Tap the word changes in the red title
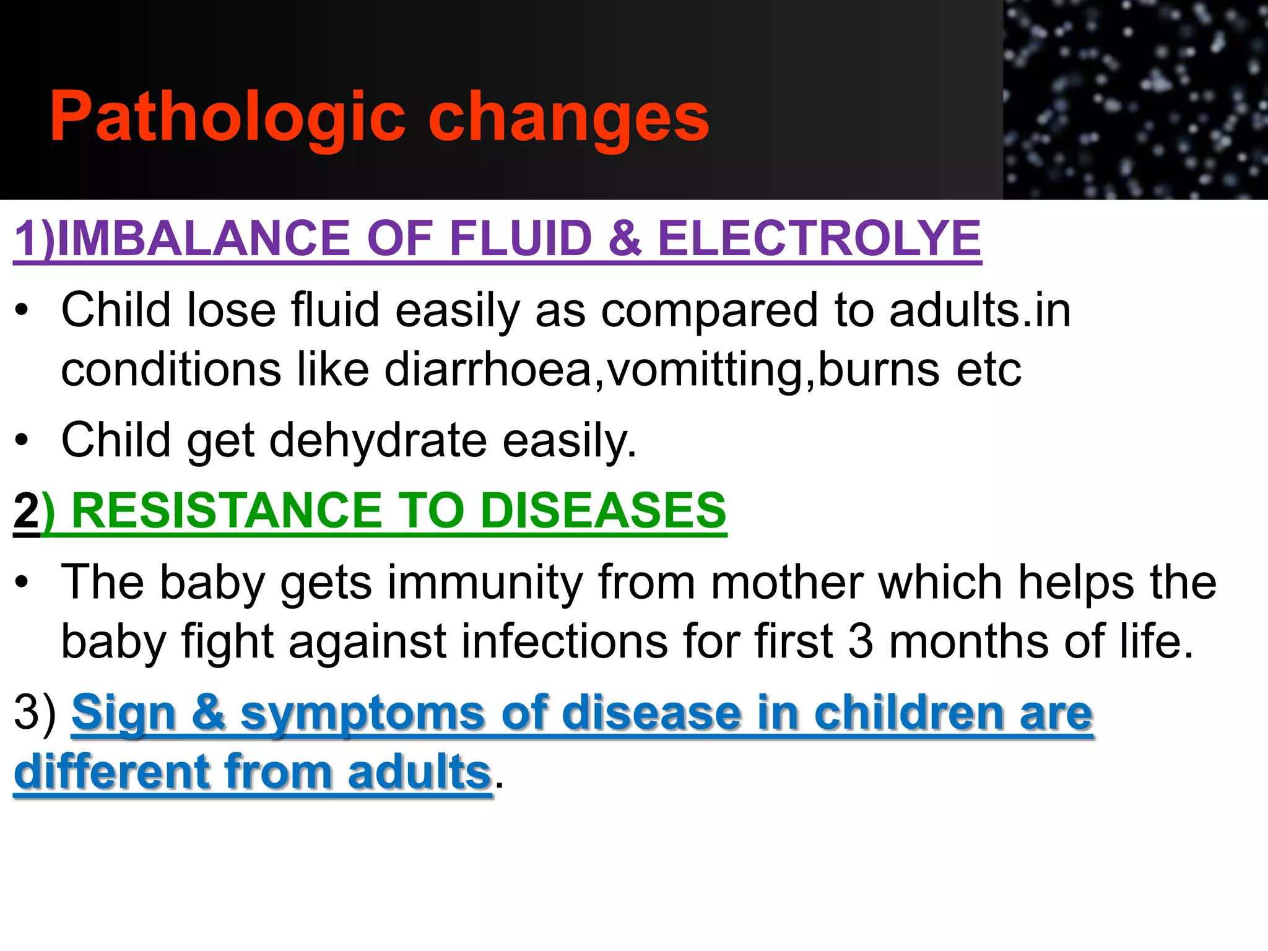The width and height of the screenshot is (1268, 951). click(568, 118)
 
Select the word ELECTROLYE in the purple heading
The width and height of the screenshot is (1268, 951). click(819, 238)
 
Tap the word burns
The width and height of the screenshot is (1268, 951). click(879, 370)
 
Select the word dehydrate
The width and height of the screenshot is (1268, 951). click(378, 440)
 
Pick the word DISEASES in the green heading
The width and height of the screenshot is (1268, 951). click(603, 511)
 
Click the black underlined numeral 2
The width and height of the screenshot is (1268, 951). click(26, 511)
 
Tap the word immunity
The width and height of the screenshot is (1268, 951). click(485, 583)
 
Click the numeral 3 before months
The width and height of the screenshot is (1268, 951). click(860, 641)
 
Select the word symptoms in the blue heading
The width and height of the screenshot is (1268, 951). click(362, 713)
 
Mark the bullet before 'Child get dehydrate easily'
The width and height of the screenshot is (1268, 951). click(22, 440)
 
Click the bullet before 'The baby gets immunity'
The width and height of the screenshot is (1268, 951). click(22, 583)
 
